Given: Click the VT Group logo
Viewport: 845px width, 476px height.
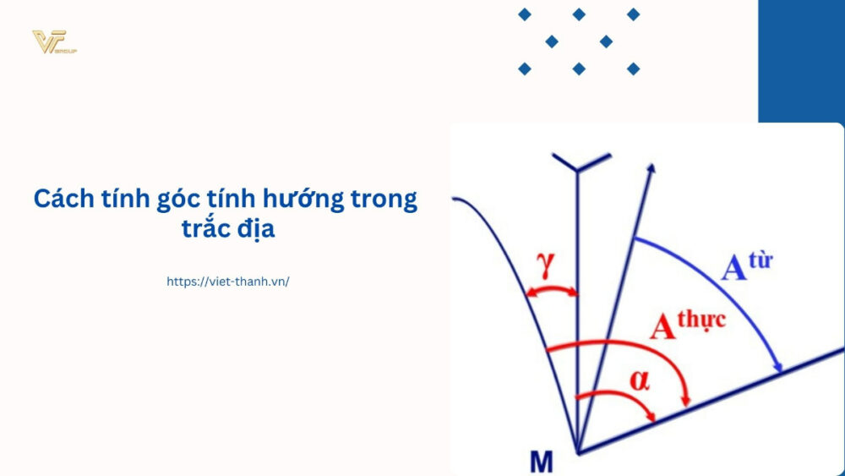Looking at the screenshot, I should click(x=54, y=41).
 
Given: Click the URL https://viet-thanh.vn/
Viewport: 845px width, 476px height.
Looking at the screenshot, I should click(x=228, y=282).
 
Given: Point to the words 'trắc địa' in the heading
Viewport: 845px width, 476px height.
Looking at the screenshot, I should click(x=227, y=229).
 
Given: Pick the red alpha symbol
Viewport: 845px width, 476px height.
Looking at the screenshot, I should click(x=640, y=380).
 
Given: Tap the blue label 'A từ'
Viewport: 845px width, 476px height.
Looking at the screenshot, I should click(x=747, y=263).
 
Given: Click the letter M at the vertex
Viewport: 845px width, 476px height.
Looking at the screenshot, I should click(x=541, y=462).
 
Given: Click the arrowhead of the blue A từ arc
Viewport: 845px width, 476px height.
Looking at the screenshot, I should click(x=779, y=365).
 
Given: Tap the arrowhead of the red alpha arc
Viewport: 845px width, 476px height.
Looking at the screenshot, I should click(x=651, y=417).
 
